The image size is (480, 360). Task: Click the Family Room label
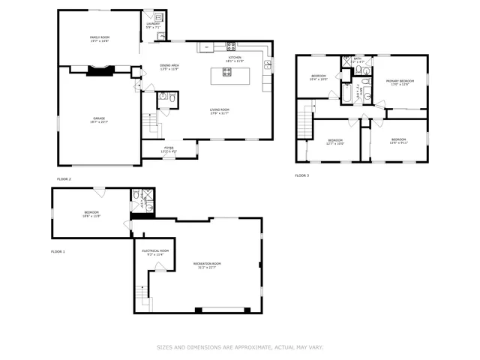click(100, 39)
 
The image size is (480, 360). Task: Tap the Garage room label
click(100, 120)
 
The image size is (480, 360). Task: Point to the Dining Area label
click(169, 67)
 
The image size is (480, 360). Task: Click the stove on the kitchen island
click(227, 73)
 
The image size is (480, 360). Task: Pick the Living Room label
click(219, 112)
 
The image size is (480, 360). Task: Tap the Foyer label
click(169, 149)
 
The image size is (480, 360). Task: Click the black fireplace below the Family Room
click(100, 71)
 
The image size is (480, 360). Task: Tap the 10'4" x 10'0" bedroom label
click(319, 77)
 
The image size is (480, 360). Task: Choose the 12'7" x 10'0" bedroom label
click(335, 141)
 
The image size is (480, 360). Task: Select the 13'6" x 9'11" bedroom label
click(398, 140)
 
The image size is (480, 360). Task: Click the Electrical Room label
click(155, 252)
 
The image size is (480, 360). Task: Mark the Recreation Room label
click(206, 265)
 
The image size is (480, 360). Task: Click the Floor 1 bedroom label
click(91, 214)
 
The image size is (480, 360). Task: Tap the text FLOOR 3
click(301, 175)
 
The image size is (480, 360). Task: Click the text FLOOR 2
click(64, 179)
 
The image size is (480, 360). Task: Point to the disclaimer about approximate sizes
click(240, 347)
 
